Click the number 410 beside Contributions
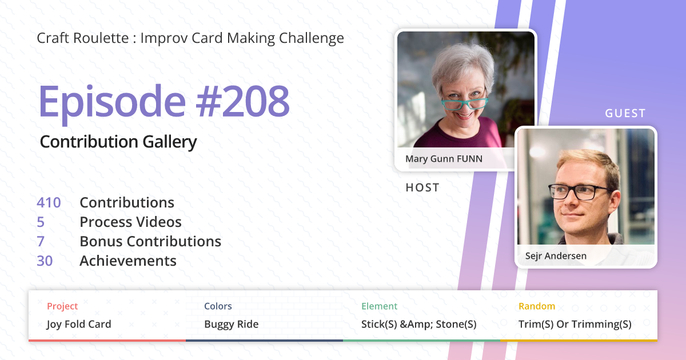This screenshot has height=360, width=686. (x=49, y=203)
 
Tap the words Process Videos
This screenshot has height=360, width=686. (x=130, y=222)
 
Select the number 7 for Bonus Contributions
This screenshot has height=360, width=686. (x=41, y=242)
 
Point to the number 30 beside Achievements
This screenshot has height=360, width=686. (x=45, y=261)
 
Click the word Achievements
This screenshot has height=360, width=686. (x=128, y=261)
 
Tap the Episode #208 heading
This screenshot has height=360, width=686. (x=163, y=102)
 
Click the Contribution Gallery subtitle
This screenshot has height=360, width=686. (x=118, y=142)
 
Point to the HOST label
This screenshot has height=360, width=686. (x=422, y=187)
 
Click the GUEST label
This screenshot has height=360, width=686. (x=625, y=114)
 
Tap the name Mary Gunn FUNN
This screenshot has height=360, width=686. (x=444, y=159)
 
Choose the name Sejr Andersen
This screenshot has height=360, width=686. (x=556, y=256)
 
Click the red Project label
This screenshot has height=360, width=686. (x=62, y=306)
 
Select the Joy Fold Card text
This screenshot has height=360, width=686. (x=79, y=325)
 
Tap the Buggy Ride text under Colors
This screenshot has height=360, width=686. (x=231, y=325)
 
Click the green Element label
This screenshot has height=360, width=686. (x=379, y=306)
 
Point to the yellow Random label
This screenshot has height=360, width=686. (x=536, y=306)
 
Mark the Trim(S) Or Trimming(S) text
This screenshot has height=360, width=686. (x=575, y=325)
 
